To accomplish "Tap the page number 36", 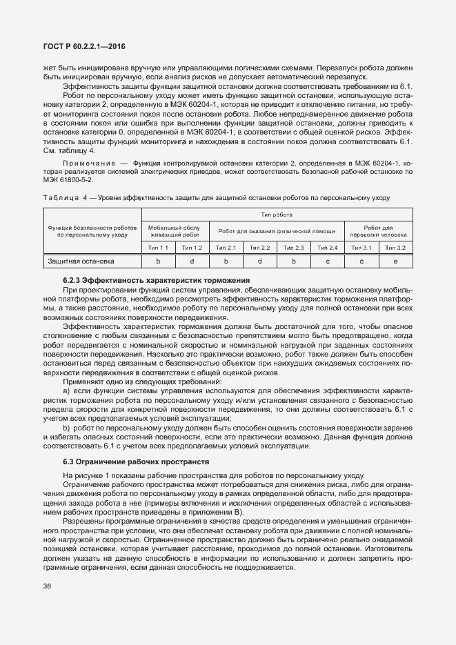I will [x=47, y=585].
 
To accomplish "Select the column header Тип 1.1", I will [x=158, y=247].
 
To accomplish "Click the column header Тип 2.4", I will [x=328, y=247].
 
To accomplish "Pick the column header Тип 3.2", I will [x=395, y=247].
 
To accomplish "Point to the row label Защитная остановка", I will [x=80, y=261].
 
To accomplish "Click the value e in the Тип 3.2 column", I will [x=395, y=261].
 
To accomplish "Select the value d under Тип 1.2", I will [x=192, y=261].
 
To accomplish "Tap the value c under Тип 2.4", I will [x=328, y=261].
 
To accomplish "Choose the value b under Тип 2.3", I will [x=294, y=261].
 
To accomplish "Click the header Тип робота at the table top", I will [x=277, y=215].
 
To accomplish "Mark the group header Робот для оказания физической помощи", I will [x=277, y=230].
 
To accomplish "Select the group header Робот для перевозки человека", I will [x=378, y=230].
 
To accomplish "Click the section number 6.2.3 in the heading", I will [x=73, y=280].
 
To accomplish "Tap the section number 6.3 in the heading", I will [x=68, y=461].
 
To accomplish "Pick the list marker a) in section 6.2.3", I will [x=66, y=390].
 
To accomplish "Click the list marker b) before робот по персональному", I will [x=66, y=428].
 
